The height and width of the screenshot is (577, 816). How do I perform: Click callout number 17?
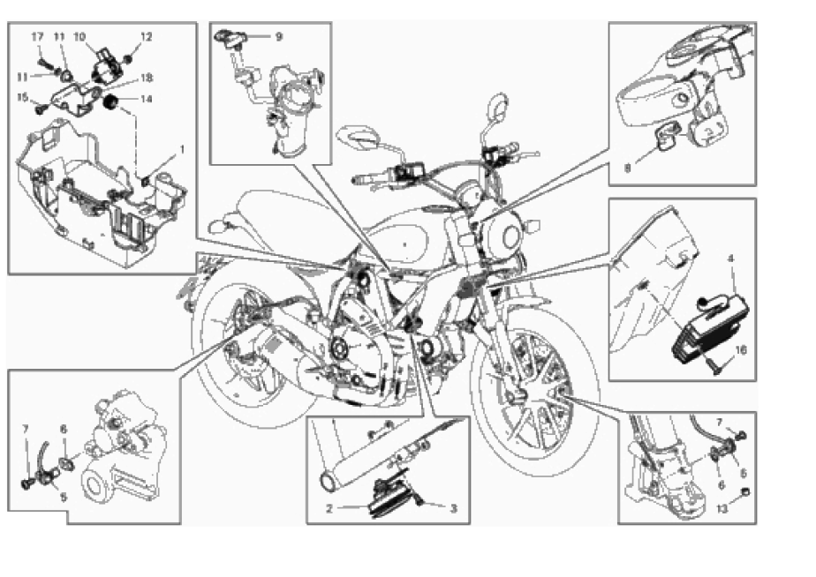tap(37, 36)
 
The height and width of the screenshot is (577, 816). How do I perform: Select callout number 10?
tap(79, 36)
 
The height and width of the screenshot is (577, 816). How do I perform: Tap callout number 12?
tap(147, 36)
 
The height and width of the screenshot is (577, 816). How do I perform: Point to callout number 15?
tap(23, 96)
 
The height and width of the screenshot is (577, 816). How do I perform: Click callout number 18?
tap(147, 79)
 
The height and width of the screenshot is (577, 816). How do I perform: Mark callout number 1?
tap(182, 150)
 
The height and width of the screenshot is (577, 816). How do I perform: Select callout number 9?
tap(278, 37)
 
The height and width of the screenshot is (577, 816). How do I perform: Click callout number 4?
tap(731, 259)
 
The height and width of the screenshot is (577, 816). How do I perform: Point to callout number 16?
tap(742, 350)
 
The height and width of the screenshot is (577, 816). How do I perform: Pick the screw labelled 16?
tap(722, 362)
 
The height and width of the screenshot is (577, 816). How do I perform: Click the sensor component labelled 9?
tap(232, 40)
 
